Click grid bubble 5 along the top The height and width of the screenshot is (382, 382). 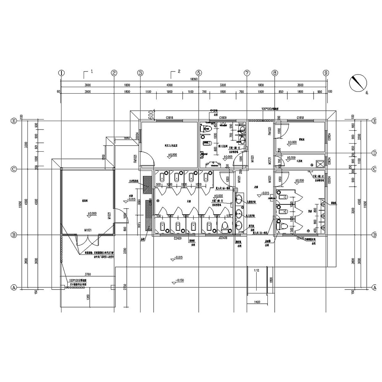[199, 73]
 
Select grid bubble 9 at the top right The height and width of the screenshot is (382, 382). [326, 73]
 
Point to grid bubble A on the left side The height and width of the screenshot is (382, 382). [13, 287]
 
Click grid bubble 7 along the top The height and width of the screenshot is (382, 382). [247, 73]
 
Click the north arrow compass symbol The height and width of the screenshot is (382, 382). [358, 82]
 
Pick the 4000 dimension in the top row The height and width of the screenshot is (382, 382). [169, 85]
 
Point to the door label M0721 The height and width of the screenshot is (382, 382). [270, 162]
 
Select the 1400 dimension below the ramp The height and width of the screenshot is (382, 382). [257, 302]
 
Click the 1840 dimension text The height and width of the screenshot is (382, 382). [127, 138]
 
